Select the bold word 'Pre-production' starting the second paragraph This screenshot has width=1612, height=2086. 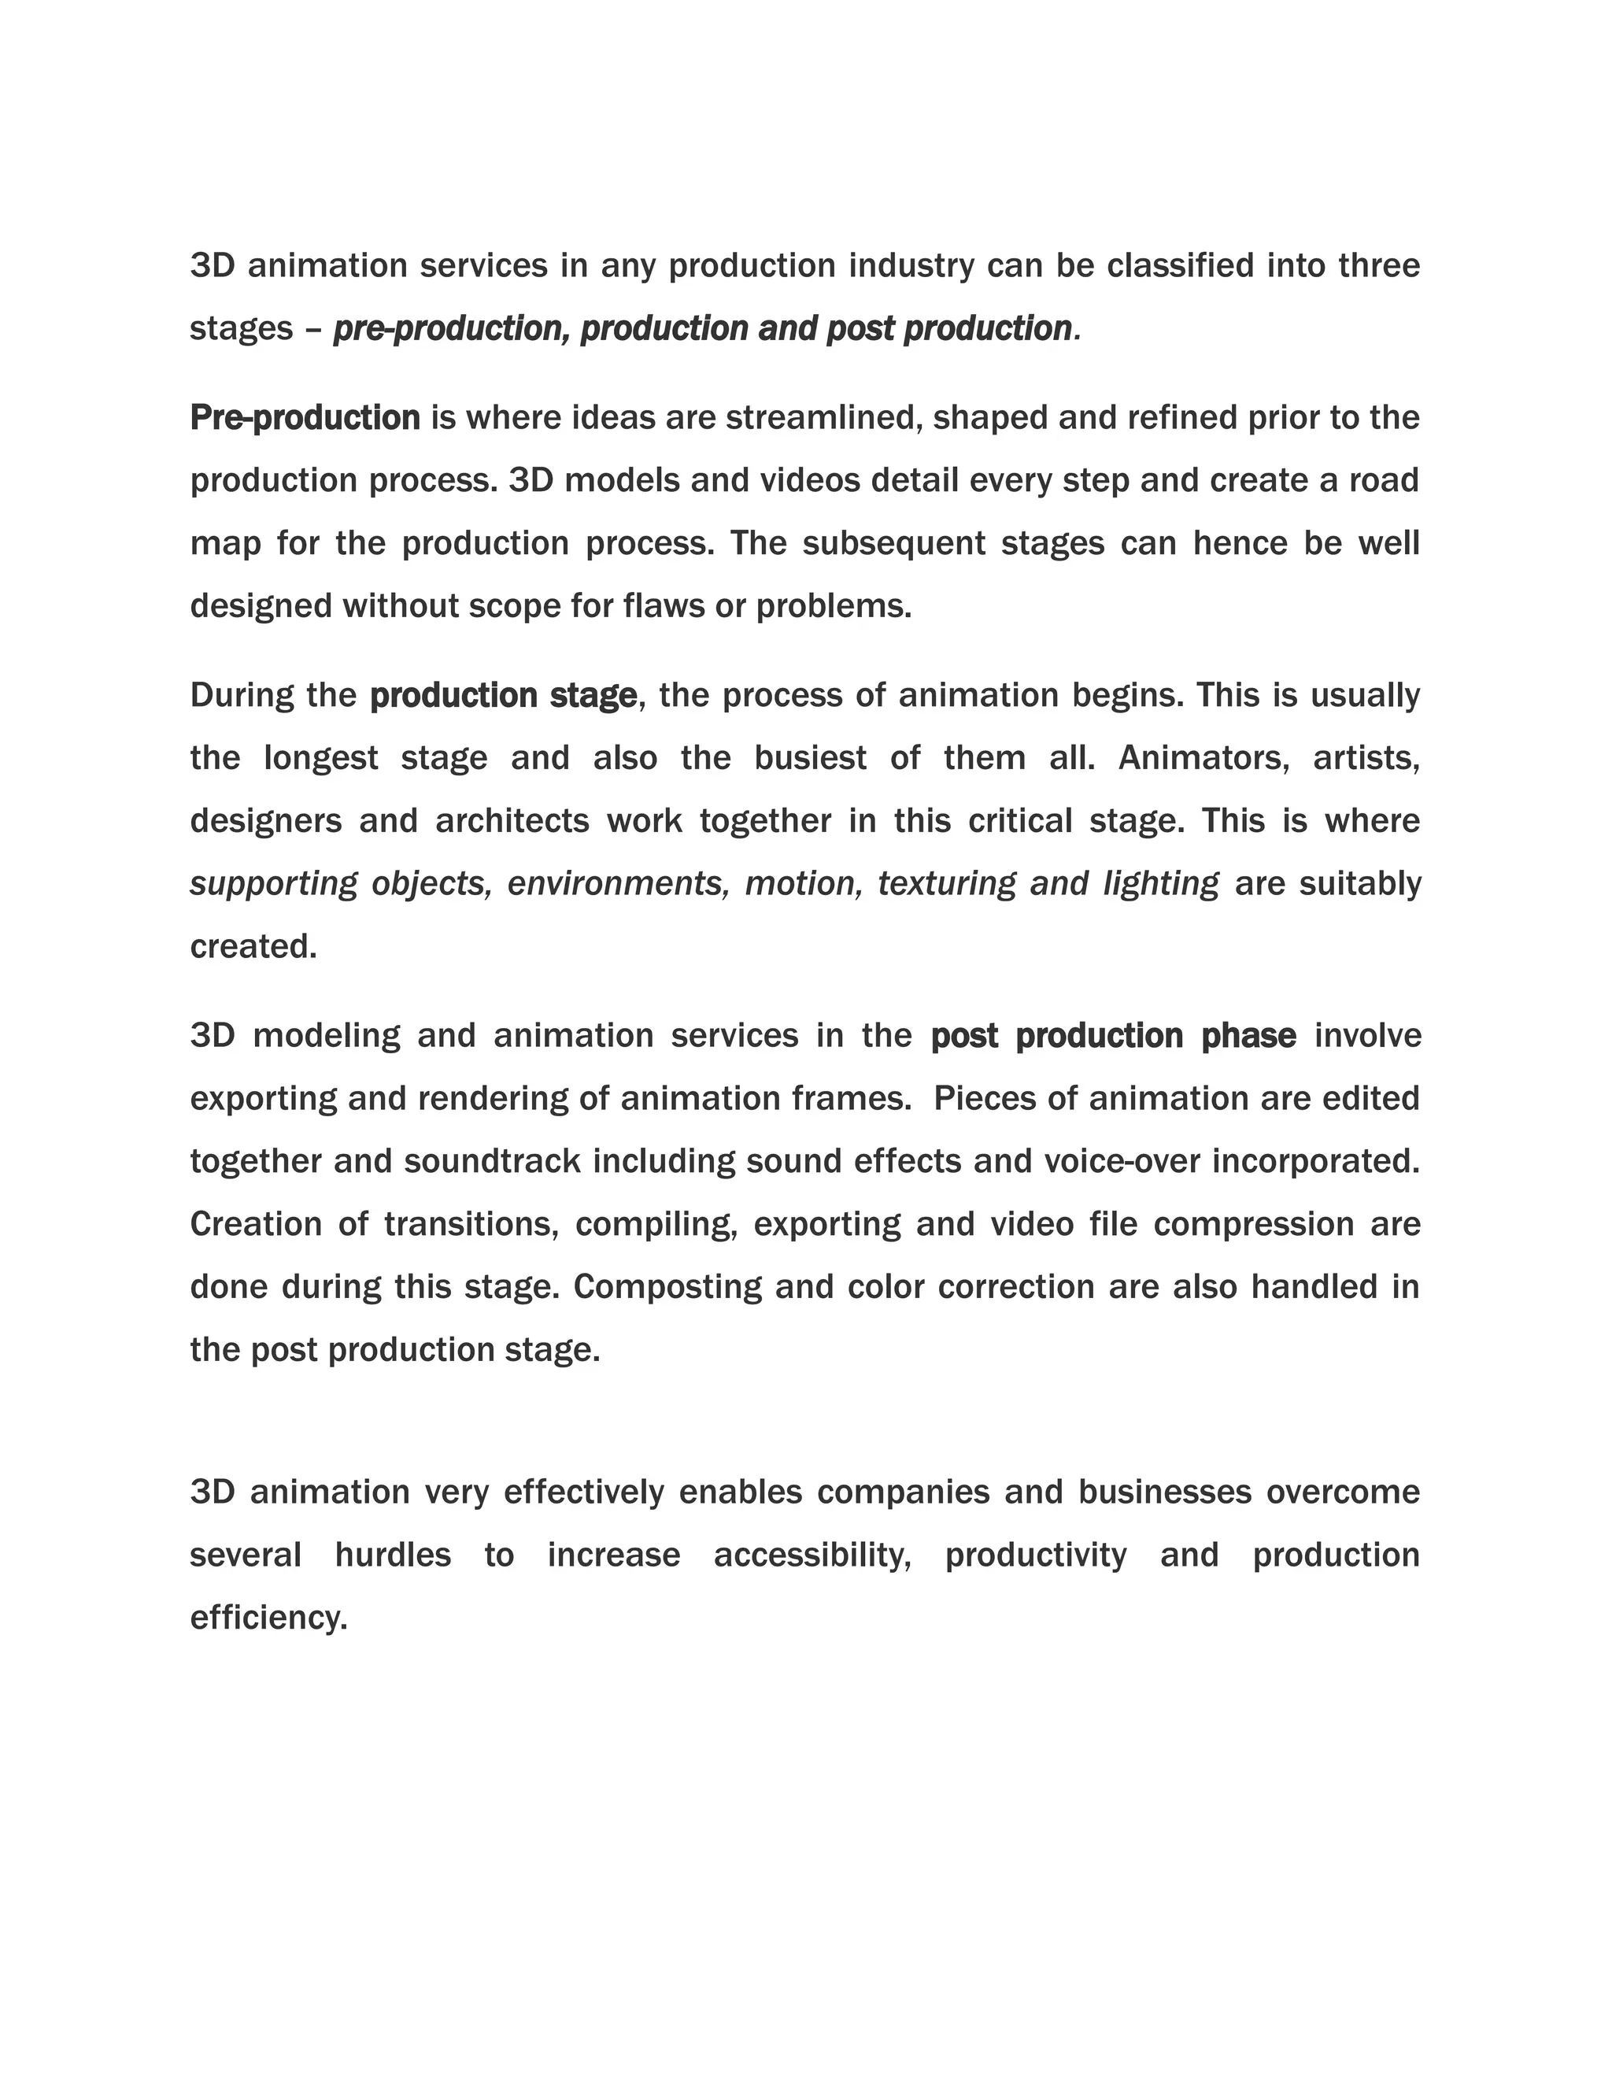coord(305,417)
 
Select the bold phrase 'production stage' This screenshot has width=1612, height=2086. coord(503,695)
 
